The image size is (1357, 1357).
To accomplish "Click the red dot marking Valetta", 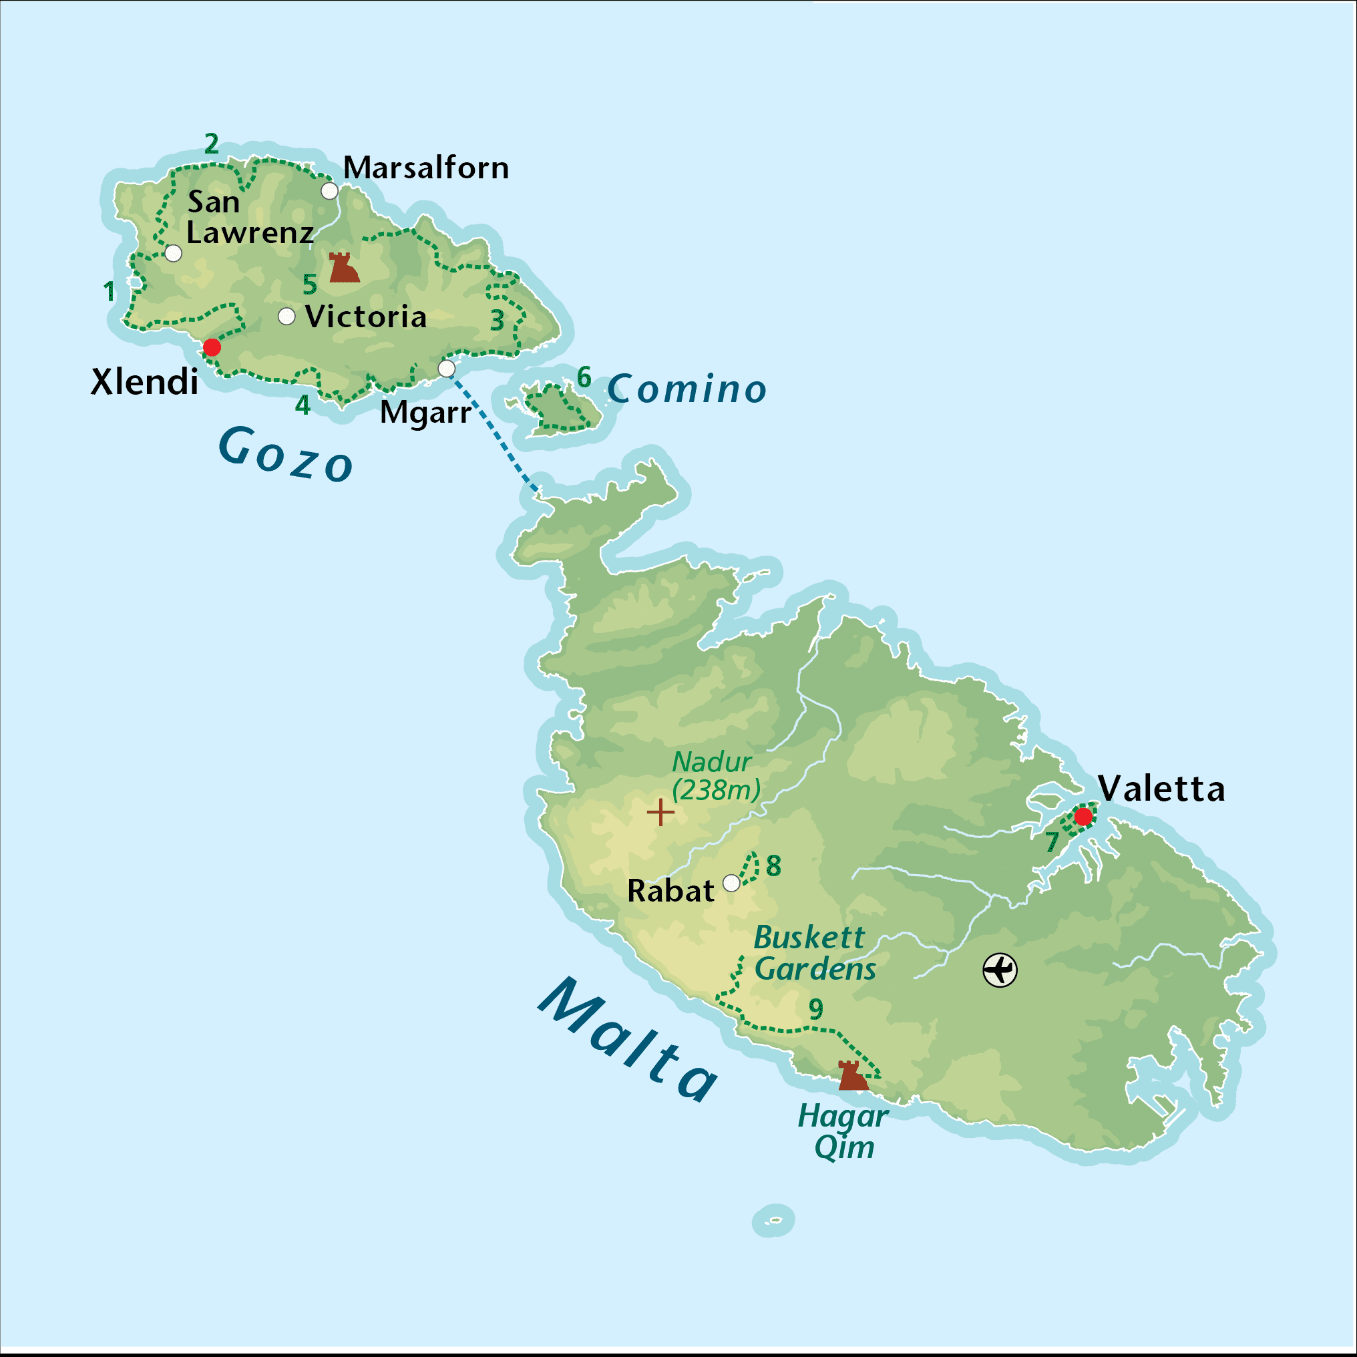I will (x=1083, y=816).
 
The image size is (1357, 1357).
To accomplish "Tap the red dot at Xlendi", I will (x=212, y=347).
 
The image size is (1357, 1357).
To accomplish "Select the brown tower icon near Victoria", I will (x=343, y=268).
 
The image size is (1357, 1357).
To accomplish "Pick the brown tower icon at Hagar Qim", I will (x=853, y=1076).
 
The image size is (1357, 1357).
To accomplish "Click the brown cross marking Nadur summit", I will (x=660, y=812).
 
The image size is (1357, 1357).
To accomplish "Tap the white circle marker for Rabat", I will (x=731, y=883).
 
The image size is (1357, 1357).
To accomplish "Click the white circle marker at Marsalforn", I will (x=329, y=190).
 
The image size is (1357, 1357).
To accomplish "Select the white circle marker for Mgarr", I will (x=447, y=368).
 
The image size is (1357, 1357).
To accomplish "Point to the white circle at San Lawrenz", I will (x=173, y=253).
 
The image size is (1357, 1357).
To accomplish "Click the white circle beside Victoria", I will (x=286, y=316).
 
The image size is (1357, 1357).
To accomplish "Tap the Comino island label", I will (x=687, y=389).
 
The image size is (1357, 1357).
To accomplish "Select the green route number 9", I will (x=815, y=1009).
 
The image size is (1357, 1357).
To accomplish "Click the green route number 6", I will (x=584, y=377).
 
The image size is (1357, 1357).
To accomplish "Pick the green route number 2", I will (x=212, y=144).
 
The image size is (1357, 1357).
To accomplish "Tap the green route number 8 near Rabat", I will (x=773, y=865).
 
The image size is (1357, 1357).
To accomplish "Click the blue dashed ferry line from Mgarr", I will (x=493, y=430).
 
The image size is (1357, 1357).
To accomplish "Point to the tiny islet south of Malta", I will (x=773, y=1221).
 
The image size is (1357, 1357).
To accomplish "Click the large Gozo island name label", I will (x=285, y=455).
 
